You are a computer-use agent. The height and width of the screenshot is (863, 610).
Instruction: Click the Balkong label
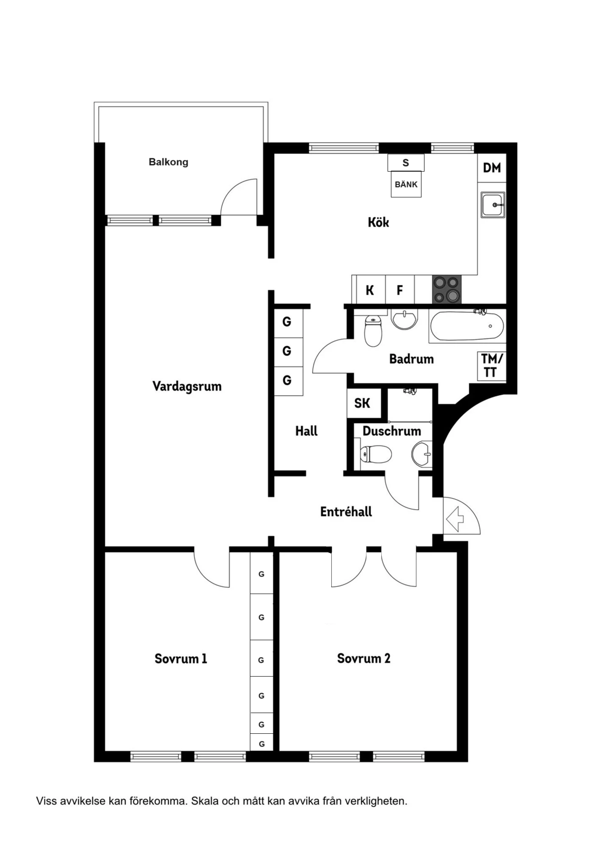point(168,162)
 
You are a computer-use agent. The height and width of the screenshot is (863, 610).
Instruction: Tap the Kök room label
point(378,222)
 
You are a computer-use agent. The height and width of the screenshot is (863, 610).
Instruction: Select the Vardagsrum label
point(187,386)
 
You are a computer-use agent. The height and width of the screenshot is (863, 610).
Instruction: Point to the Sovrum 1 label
point(181,658)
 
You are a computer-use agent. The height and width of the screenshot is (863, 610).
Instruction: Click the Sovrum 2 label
point(364,658)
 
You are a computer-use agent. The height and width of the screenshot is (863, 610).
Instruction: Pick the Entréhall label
point(346,512)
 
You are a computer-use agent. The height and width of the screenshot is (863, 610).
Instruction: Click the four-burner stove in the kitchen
point(447,289)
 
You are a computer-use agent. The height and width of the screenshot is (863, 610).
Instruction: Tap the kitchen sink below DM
point(493,205)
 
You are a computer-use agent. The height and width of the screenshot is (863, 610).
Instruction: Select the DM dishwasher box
point(492,168)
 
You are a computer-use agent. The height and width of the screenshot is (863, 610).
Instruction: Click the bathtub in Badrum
point(467,326)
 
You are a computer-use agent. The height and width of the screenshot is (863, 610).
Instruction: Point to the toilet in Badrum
point(373,331)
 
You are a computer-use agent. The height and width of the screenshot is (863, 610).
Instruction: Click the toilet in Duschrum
point(376,454)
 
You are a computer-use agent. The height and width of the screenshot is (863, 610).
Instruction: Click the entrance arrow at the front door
point(455,519)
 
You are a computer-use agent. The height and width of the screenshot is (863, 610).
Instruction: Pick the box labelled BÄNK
point(406,185)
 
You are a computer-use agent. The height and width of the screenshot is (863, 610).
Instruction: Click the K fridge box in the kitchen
point(370,290)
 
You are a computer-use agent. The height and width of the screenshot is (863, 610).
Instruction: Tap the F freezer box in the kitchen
point(400,290)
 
